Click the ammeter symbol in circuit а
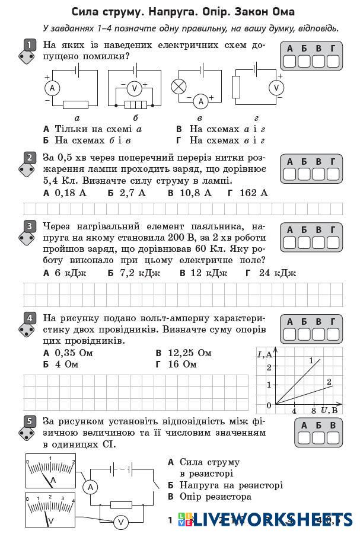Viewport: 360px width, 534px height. tap(52, 88)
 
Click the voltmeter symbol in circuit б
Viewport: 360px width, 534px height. tap(134, 88)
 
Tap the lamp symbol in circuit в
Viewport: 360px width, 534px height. tap(179, 87)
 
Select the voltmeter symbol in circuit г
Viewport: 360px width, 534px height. tap(275, 88)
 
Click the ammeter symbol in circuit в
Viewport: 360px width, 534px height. tap(200, 101)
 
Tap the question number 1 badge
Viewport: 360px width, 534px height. tap(28, 45)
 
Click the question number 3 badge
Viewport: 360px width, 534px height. tap(28, 226)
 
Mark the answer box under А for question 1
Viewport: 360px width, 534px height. tap(289, 61)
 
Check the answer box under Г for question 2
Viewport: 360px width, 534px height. tap(333, 174)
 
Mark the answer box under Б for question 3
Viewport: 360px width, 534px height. tap(304, 242)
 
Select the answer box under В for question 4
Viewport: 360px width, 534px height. tap(318, 334)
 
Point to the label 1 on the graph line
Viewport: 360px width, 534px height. tap(311, 361)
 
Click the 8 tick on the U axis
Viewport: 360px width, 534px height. tap(314, 410)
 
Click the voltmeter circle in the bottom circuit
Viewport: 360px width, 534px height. tap(121, 522)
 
